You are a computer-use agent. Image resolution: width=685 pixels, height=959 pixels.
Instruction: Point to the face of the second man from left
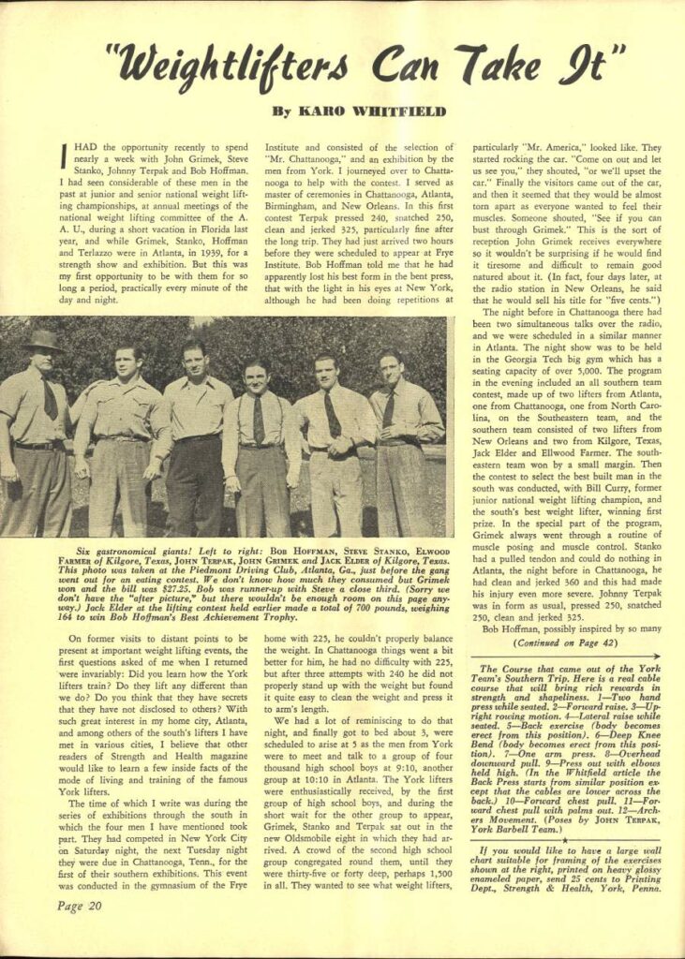[127, 362]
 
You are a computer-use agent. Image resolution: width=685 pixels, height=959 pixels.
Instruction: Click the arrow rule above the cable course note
[564, 657]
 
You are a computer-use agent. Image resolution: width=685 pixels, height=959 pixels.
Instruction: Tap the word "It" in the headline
[581, 66]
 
